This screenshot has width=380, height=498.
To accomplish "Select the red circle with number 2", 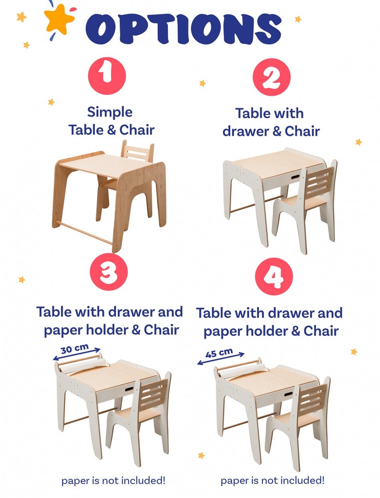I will pyautogui.click(x=271, y=77).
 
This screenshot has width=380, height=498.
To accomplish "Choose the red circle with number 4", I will pyautogui.click(x=274, y=276).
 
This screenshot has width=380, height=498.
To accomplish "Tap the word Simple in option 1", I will pyautogui.click(x=110, y=112).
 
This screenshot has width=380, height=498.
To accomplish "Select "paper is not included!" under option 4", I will pyautogui.click(x=272, y=479).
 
